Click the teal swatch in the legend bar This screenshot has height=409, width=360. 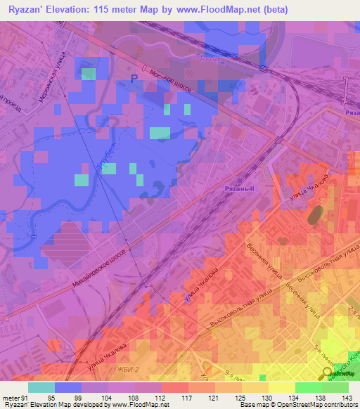coord(41,387)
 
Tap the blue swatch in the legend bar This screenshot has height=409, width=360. coord(68,387)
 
